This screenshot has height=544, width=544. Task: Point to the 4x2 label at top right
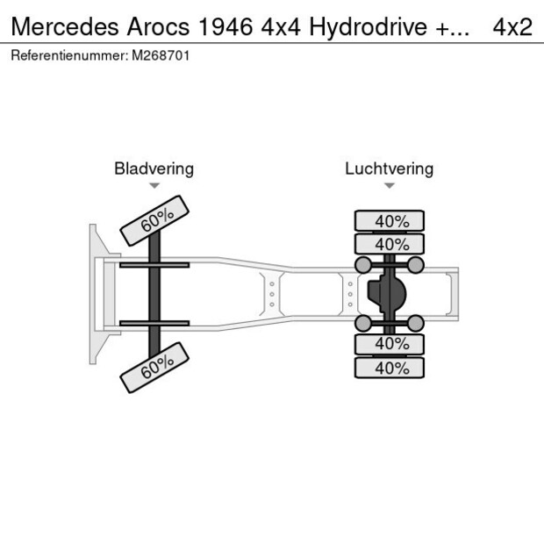click(512, 26)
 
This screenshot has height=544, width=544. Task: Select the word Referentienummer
click(68, 55)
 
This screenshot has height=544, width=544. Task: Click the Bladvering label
click(154, 168)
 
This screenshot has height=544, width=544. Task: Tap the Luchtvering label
click(389, 168)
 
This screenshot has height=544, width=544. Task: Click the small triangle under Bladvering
click(154, 186)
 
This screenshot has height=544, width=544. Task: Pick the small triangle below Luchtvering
click(389, 186)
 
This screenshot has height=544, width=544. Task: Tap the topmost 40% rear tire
click(389, 220)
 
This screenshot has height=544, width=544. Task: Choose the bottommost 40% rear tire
click(389, 368)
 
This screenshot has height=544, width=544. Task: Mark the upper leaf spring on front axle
click(154, 265)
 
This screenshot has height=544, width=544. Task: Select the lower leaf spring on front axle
click(154, 323)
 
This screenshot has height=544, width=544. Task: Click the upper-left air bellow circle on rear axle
click(361, 264)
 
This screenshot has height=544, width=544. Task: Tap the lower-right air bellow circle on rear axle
click(416, 324)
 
